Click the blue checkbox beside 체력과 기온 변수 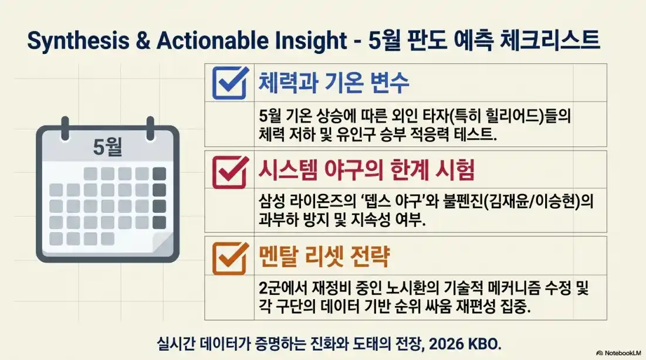229,83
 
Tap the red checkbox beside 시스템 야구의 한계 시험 229,169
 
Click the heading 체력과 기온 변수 334,83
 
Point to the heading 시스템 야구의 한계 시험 366,170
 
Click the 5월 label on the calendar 107,147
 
